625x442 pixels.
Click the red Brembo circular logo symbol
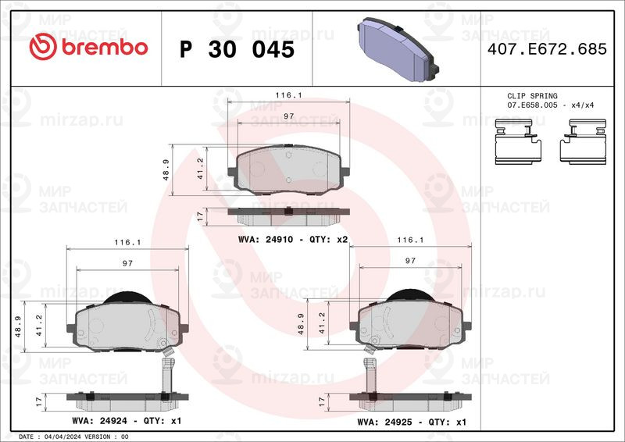pos(43,47)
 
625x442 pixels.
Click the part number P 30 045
pos(237,49)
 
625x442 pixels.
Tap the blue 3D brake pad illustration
pos(398,49)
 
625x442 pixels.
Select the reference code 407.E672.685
pos(547,49)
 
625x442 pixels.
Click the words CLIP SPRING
pos(532,95)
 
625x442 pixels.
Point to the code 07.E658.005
pos(532,105)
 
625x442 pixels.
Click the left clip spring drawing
pos(518,141)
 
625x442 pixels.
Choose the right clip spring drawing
pos(583,141)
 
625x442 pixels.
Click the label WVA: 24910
pos(266,240)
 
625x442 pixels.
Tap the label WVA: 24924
pos(100,421)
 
